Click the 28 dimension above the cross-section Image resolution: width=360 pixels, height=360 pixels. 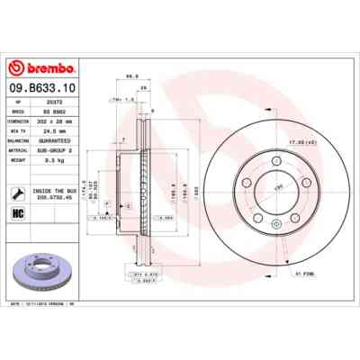click(144, 89)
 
